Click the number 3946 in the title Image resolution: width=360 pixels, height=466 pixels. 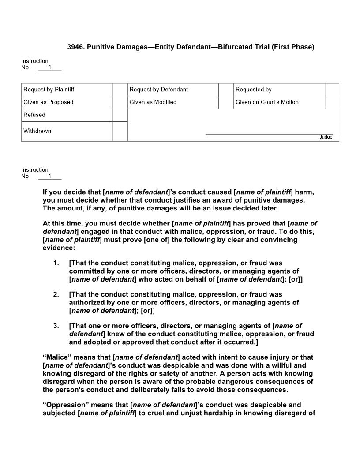tap(75, 47)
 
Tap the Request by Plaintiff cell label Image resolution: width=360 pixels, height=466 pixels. tap(49, 90)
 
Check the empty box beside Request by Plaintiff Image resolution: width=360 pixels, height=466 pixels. tap(120, 90)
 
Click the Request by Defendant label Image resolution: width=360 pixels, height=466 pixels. tap(159, 90)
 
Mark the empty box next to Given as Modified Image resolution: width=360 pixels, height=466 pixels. tap(226, 102)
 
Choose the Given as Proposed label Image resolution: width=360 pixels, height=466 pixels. tap(49, 102)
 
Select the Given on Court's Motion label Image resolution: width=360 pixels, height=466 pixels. tap(267, 102)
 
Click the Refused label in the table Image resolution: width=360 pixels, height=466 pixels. tap(34, 115)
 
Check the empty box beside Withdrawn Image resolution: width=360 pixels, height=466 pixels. tap(120, 132)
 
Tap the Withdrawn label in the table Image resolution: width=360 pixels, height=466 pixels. tap(37, 131)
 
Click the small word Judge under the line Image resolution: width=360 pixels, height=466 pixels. tap(326, 137)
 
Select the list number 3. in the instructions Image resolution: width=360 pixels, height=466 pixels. tap(56, 326)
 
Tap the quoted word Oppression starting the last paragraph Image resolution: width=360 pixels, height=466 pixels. tap(62, 405)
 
